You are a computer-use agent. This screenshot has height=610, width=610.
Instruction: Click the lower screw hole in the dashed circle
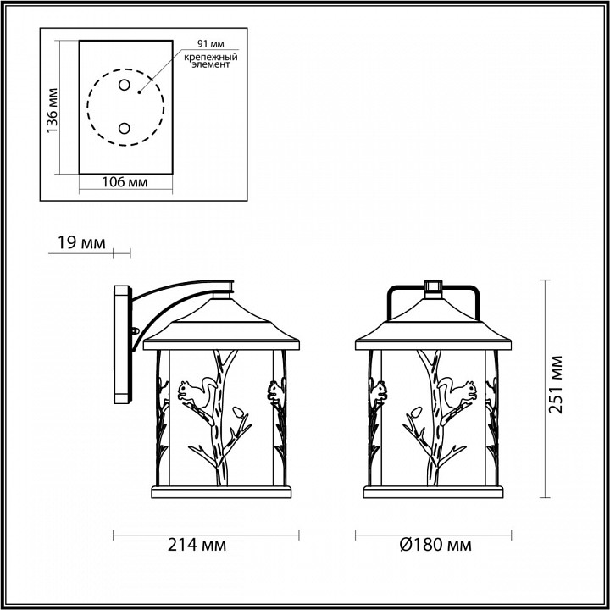(x=124, y=128)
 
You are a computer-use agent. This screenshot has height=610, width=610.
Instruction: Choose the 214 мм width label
(x=205, y=544)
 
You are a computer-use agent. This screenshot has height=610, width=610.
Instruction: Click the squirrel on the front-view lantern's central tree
(x=463, y=391)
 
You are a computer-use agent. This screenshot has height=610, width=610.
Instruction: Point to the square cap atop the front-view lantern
(x=435, y=286)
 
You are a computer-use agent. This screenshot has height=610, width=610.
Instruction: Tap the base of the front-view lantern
(x=435, y=492)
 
